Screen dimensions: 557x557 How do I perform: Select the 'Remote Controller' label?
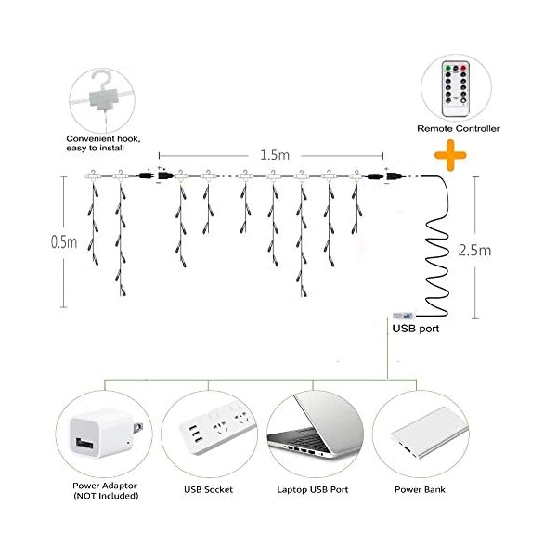click(x=458, y=127)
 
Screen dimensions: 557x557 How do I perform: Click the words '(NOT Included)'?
click(x=105, y=497)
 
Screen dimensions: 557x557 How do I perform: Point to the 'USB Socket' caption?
click(x=208, y=489)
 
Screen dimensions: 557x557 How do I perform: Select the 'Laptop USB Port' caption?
click(x=312, y=489)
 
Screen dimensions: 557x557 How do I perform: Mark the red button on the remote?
click(x=469, y=67)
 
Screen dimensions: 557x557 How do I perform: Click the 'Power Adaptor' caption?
click(x=105, y=486)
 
